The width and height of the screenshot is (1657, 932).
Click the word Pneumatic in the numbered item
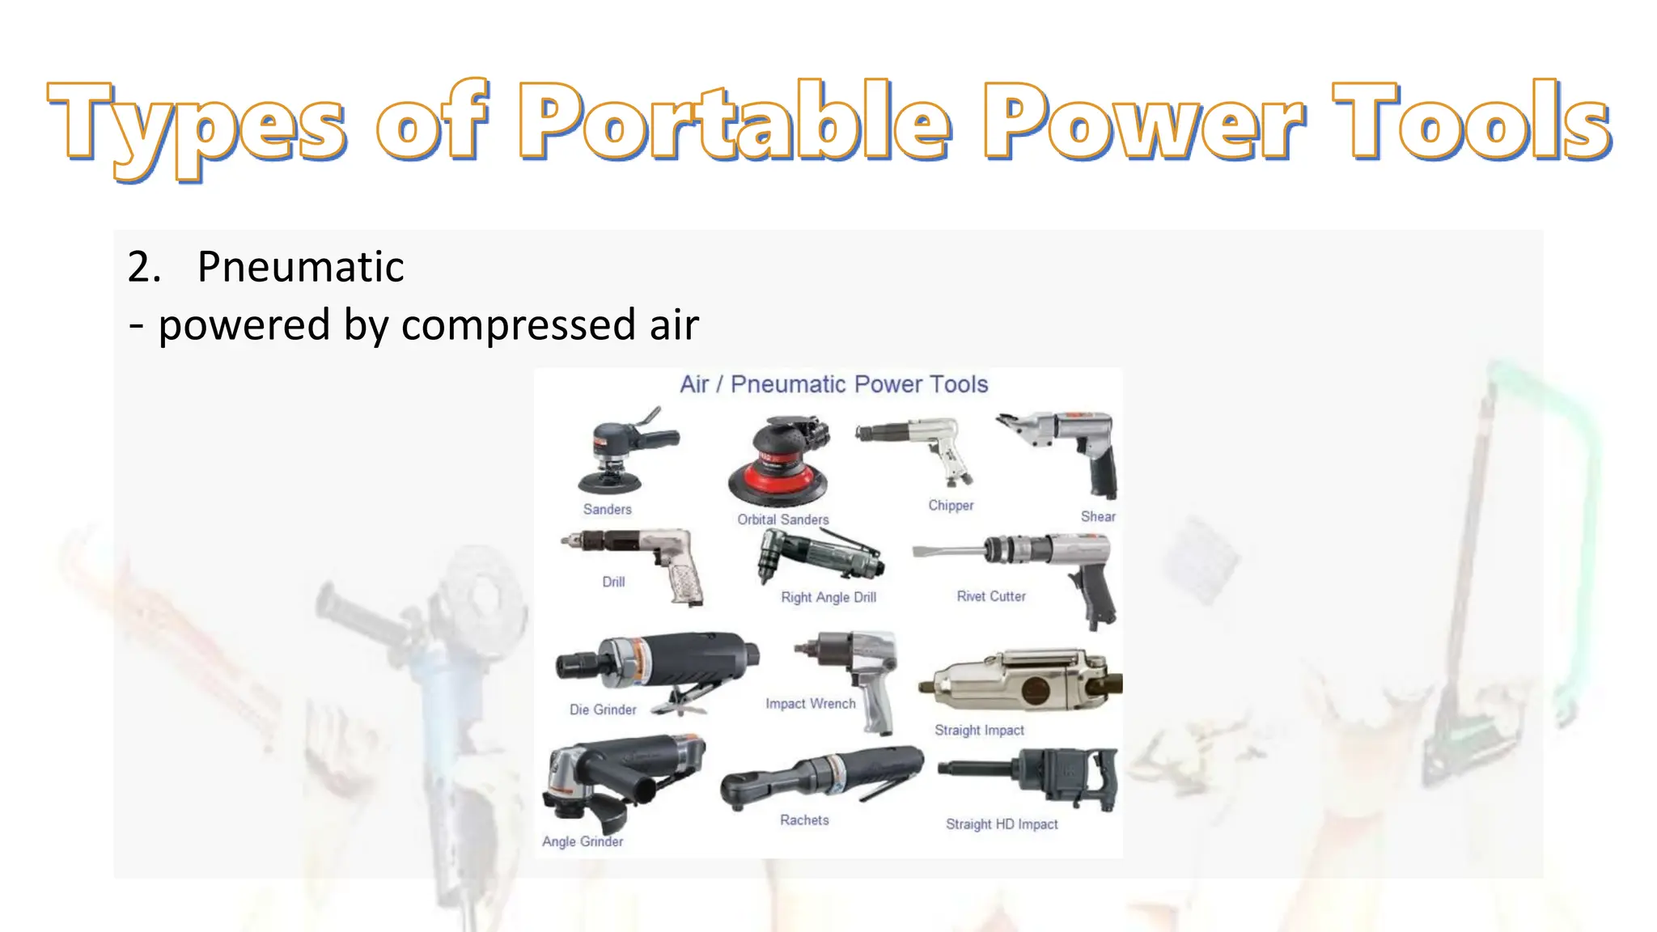pos(300,267)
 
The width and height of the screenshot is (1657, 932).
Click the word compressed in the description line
pos(518,325)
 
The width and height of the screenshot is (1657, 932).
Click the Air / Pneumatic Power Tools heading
pos(833,384)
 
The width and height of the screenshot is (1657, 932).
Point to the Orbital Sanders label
pos(782,519)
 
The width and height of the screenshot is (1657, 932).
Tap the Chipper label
pos(951,506)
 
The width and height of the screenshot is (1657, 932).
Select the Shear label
pos(1097,516)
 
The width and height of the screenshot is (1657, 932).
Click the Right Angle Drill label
pos(828,597)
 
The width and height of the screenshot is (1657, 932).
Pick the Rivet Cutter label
pos(990,596)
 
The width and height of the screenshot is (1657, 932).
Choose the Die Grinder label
pos(603,710)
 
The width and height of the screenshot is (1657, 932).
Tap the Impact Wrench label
pos(810,704)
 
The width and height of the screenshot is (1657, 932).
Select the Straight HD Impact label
pos(1001,824)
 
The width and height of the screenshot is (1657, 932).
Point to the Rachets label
pos(804,820)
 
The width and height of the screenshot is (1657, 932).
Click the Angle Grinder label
pos(583,841)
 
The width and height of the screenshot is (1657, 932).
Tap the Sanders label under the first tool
pos(607,509)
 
